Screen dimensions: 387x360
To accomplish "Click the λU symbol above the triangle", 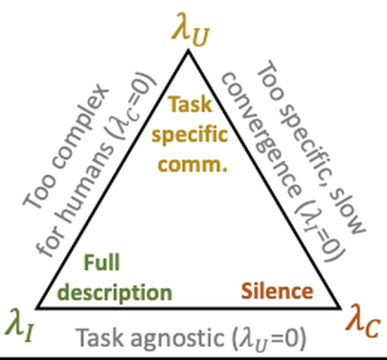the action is (191, 30).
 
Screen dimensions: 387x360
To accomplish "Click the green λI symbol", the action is (20, 325).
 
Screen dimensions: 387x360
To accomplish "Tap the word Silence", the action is (277, 291).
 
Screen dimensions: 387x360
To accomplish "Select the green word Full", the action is (102, 262).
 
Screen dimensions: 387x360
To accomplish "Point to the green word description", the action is (115, 293).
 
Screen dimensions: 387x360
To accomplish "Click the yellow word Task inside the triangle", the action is (190, 105).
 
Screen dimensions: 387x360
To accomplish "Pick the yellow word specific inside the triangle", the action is (189, 134).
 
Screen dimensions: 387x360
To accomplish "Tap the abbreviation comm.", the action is (193, 165).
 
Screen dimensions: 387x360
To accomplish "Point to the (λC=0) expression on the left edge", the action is (133, 106).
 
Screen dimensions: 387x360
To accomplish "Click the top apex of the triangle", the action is (189, 51).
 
